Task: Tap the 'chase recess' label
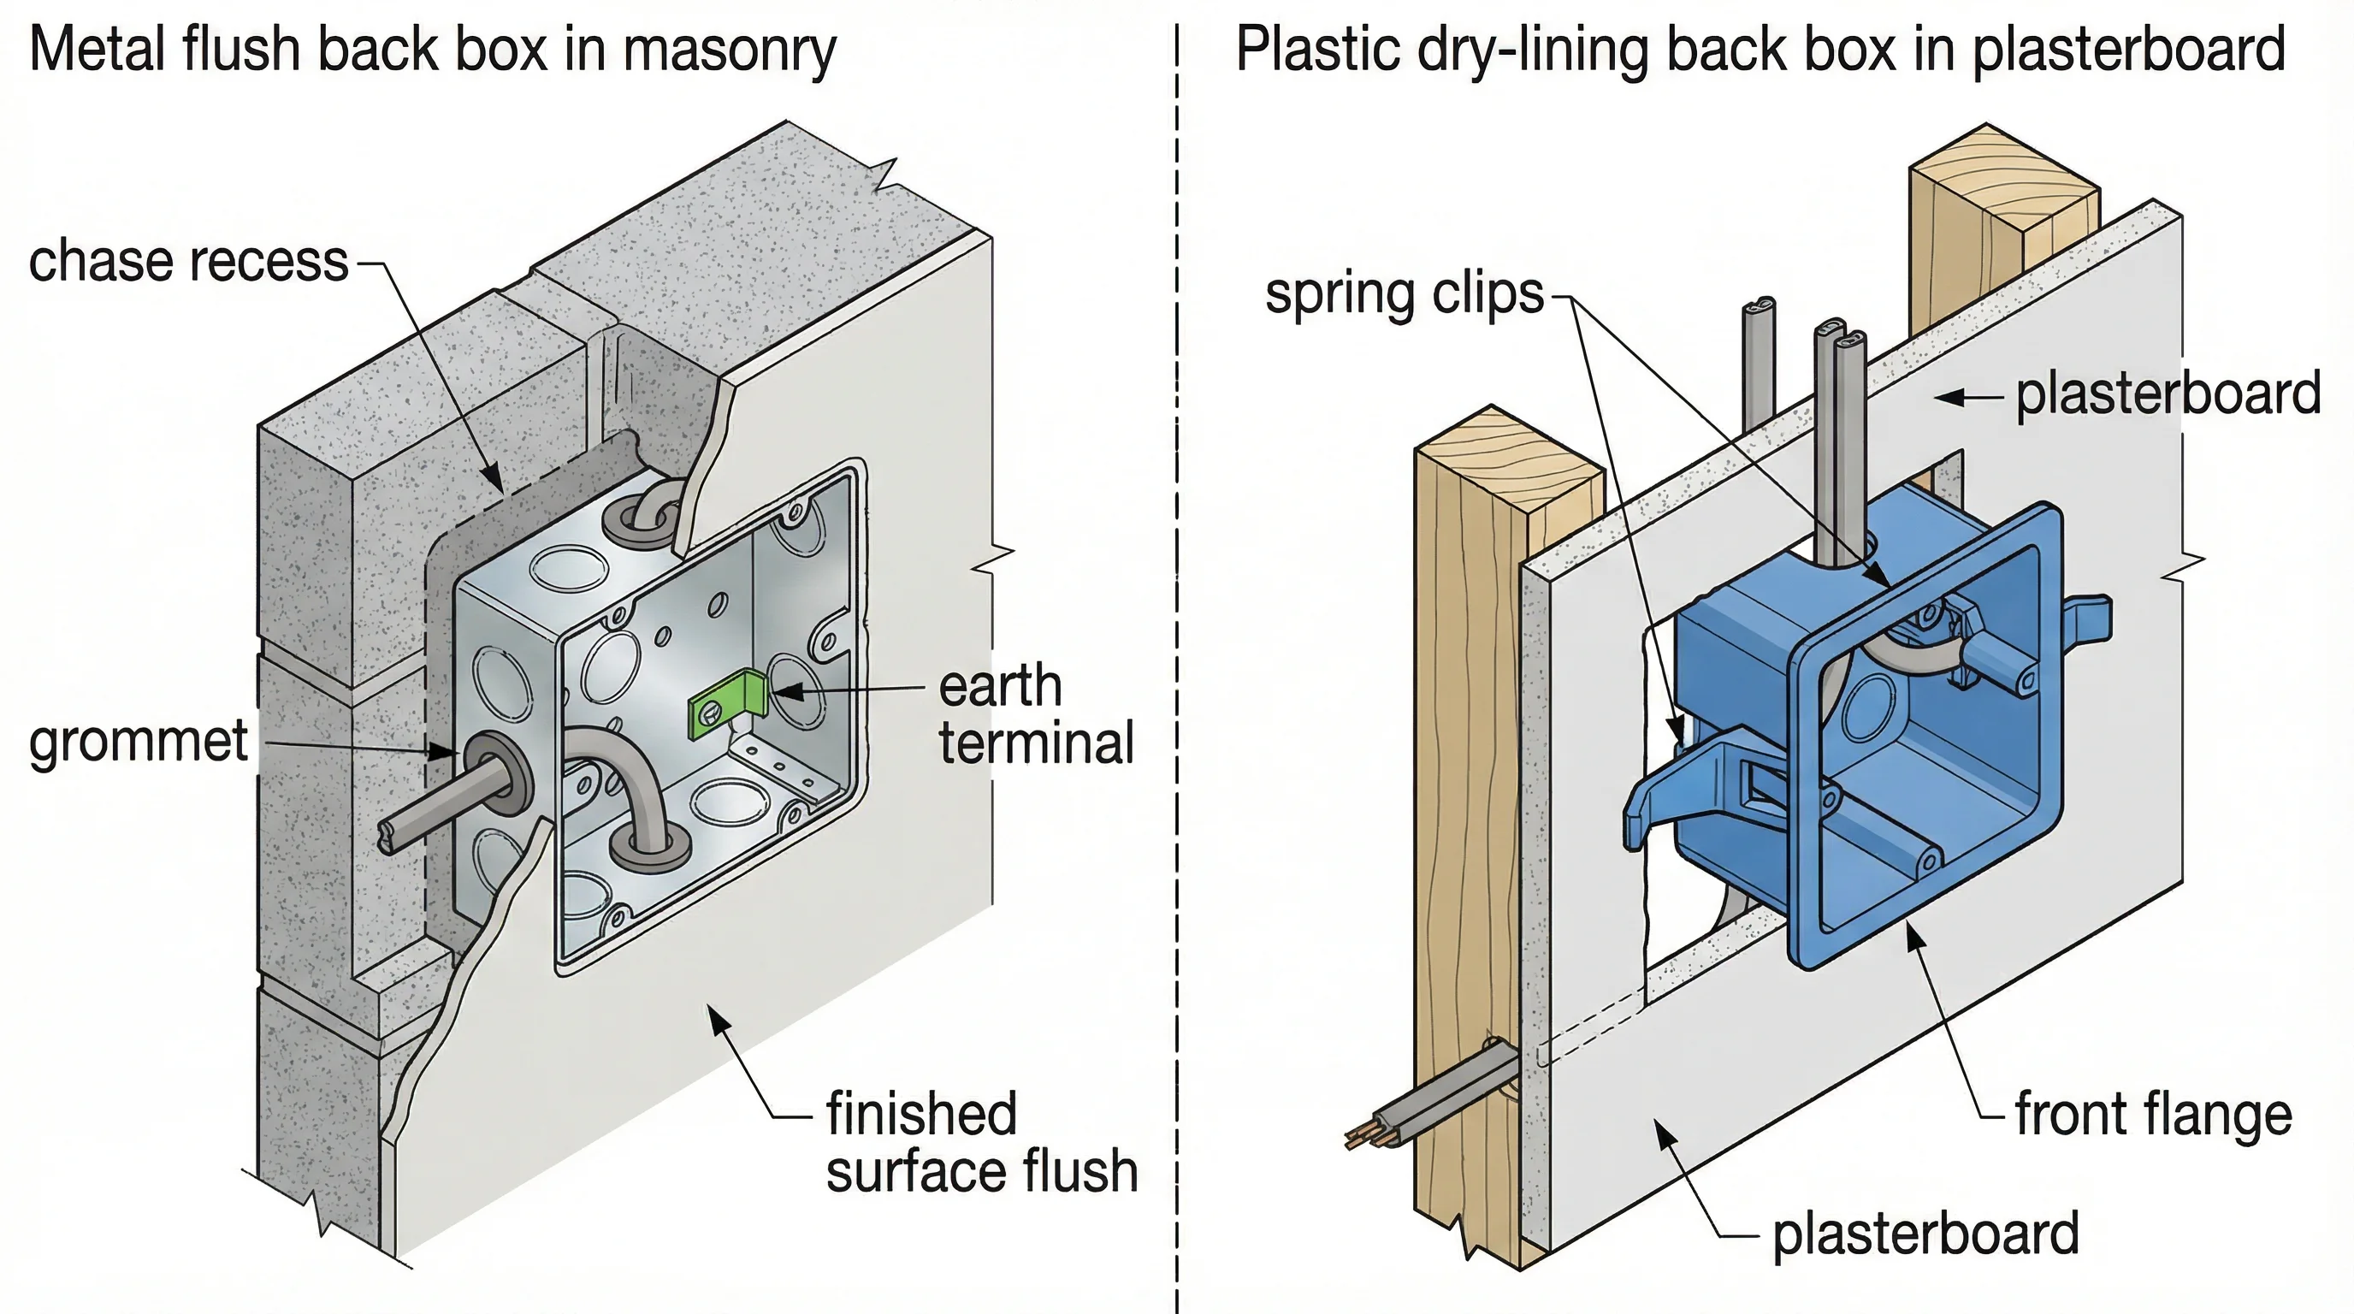[x=188, y=261]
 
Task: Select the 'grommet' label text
[x=138, y=741]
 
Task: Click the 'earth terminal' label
[x=1035, y=713]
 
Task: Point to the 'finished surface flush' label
[x=981, y=1142]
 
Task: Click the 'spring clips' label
[x=1404, y=294]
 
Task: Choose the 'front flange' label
[x=2152, y=1115]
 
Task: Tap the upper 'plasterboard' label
[x=2168, y=394]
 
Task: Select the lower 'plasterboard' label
[x=1925, y=1234]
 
